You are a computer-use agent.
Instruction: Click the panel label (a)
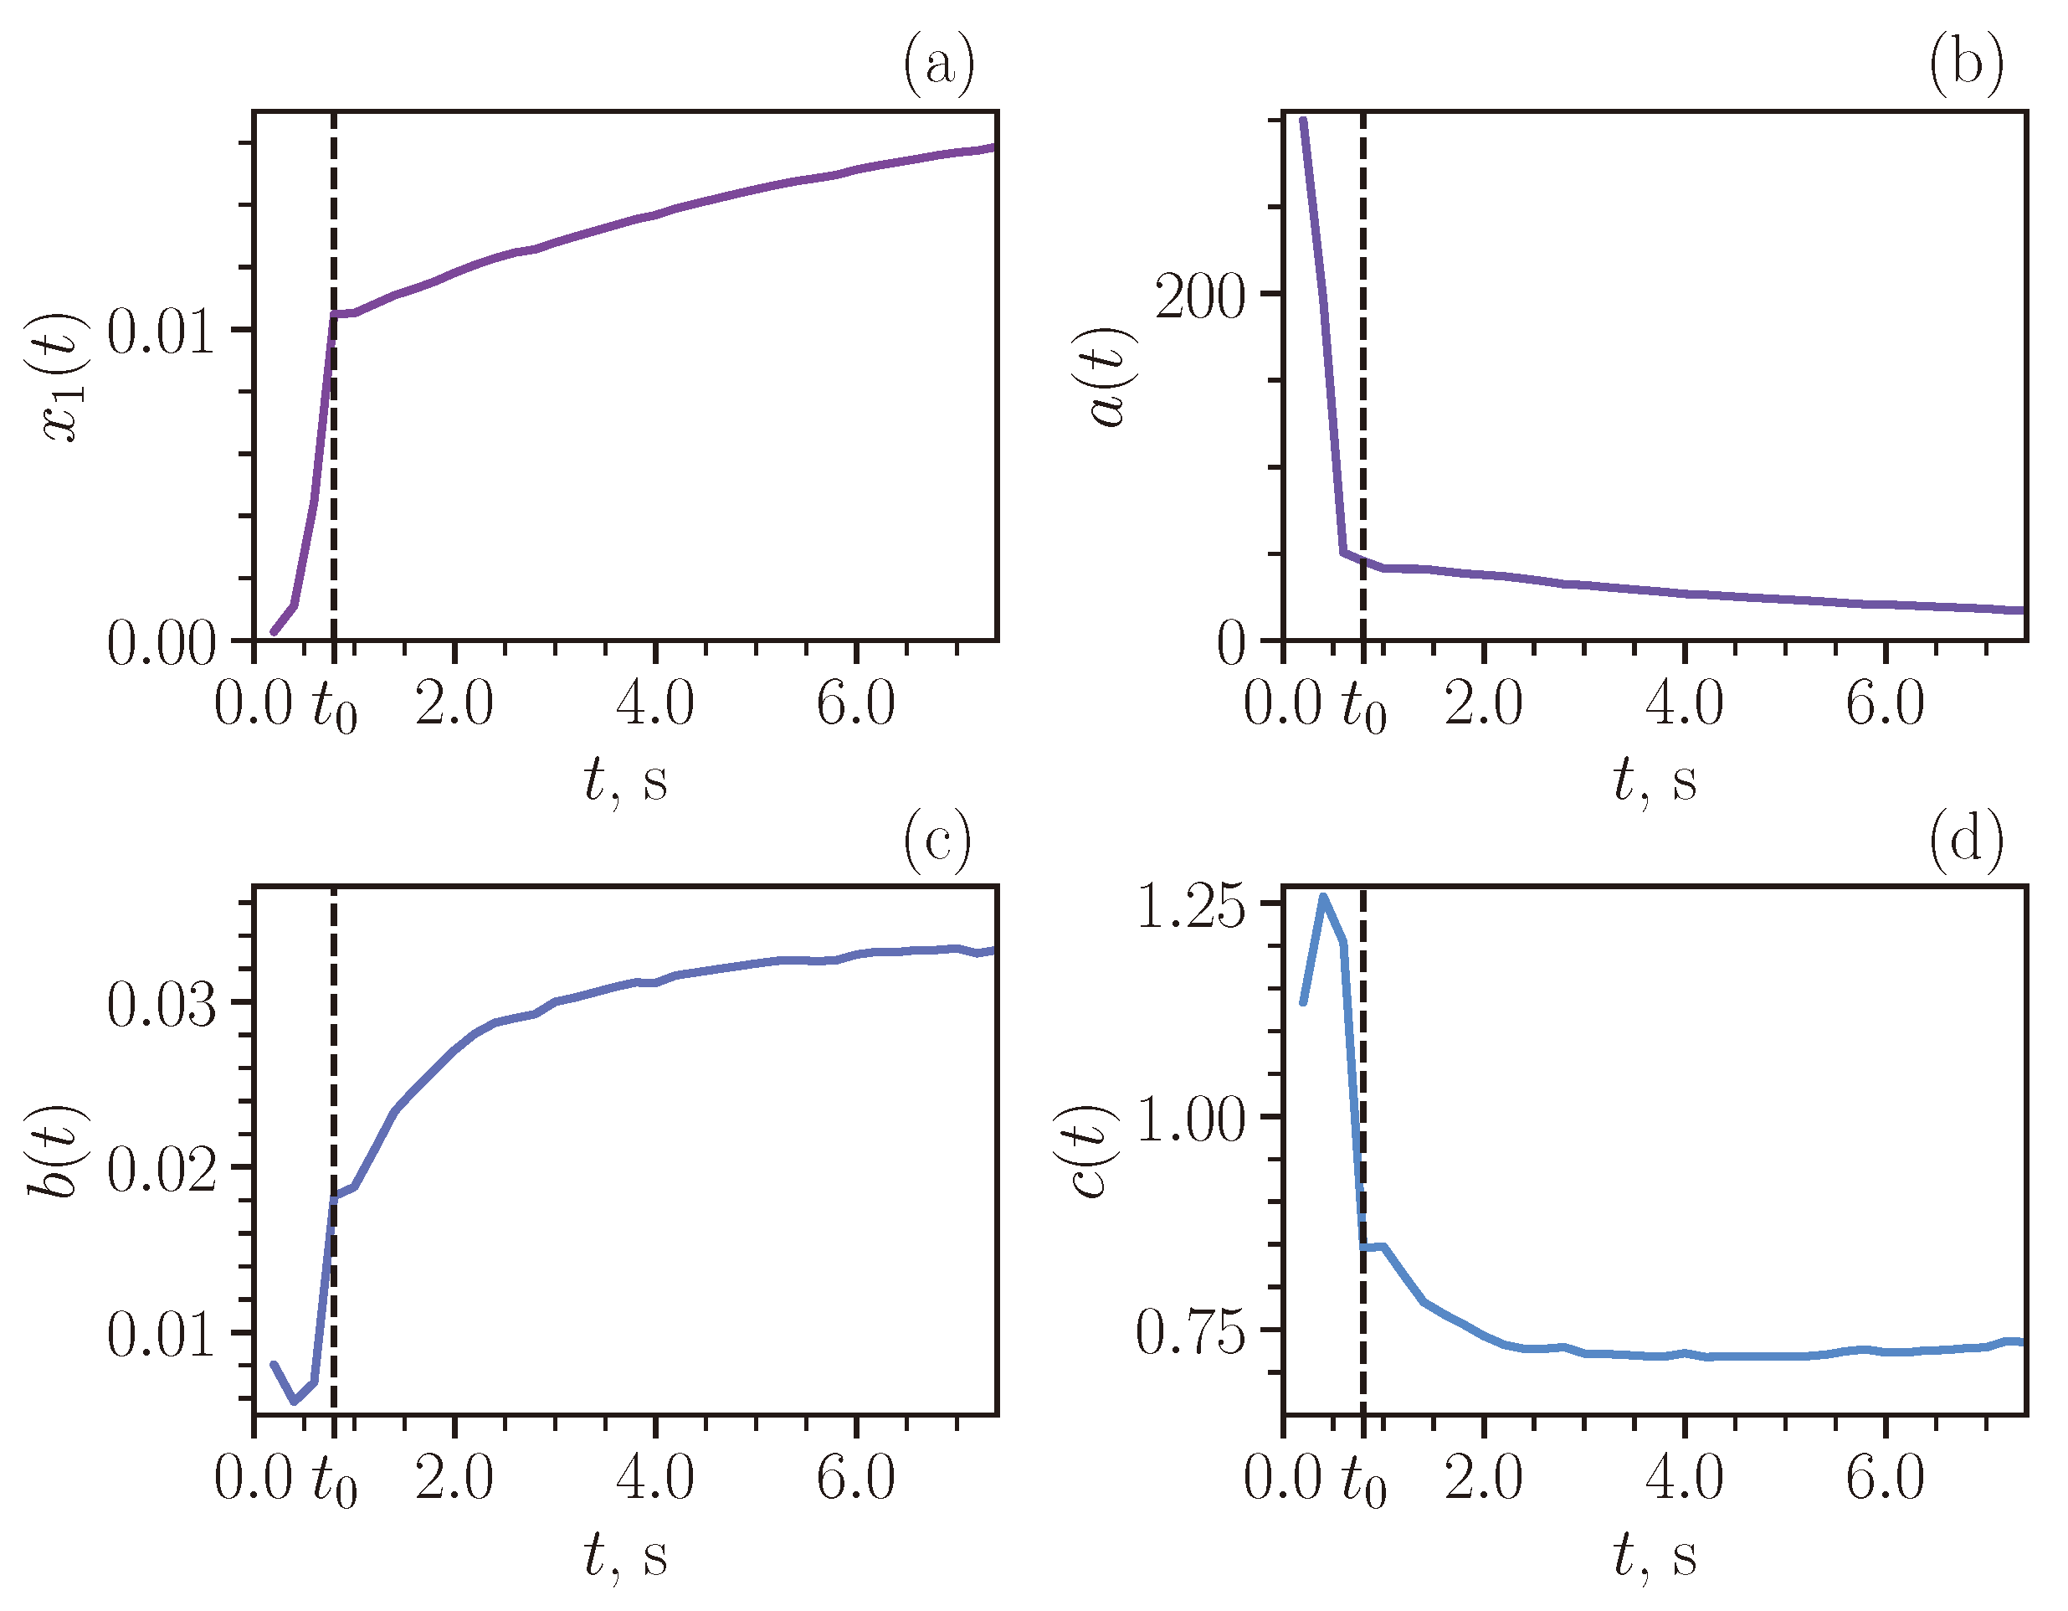coord(937,64)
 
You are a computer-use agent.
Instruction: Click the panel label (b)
coord(1967,64)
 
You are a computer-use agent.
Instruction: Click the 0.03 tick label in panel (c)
coord(161,1005)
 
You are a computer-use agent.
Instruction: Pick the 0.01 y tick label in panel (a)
coord(161,332)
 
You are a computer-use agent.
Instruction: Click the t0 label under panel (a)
coord(334,707)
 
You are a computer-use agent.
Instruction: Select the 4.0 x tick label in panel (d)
coord(1685,1479)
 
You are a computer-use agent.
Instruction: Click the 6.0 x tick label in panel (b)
coord(1886,703)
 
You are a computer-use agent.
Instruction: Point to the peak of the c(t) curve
coord(1323,896)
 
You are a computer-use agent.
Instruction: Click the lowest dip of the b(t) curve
coord(294,1401)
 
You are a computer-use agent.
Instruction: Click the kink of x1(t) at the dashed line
coord(334,313)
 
